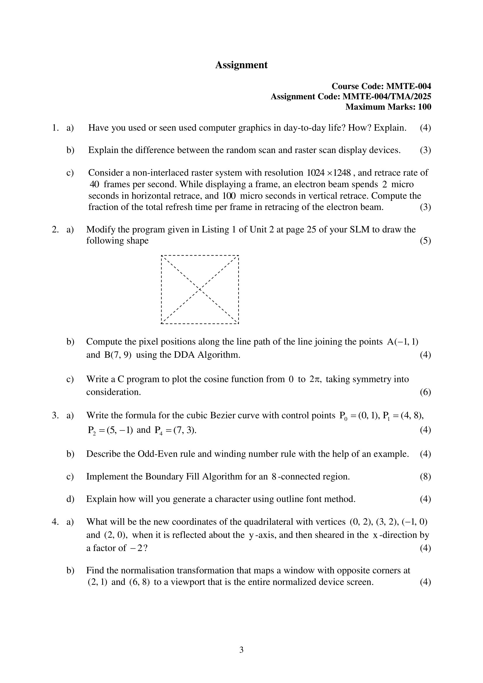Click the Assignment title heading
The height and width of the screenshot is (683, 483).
[x=241, y=65]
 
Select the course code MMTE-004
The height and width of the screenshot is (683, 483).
[x=408, y=86]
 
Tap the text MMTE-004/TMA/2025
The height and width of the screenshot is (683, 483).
[x=387, y=96]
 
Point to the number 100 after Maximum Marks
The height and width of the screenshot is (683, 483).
[x=424, y=107]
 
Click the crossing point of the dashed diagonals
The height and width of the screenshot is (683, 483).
[x=200, y=289]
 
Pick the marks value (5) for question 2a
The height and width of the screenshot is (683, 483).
[x=425, y=240]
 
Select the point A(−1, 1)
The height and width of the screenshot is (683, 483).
[x=403, y=342]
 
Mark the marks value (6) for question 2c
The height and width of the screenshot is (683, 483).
[x=425, y=392]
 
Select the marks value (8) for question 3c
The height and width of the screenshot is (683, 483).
[x=425, y=477]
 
